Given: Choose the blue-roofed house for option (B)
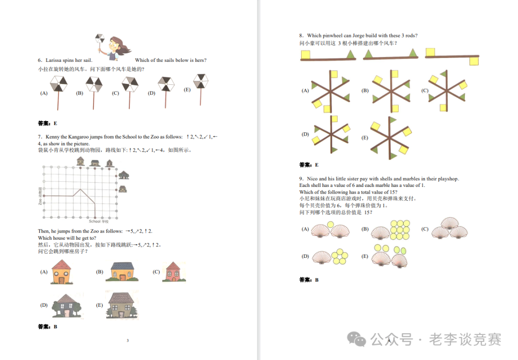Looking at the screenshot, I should tap(122, 271).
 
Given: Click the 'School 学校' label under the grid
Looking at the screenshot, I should tap(99, 221).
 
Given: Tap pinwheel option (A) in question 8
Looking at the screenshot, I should tap(330, 90).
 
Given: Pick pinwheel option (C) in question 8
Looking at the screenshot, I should tap(447, 90).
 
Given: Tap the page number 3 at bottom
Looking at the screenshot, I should tap(128, 341).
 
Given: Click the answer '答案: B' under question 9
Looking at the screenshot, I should tap(309, 280).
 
